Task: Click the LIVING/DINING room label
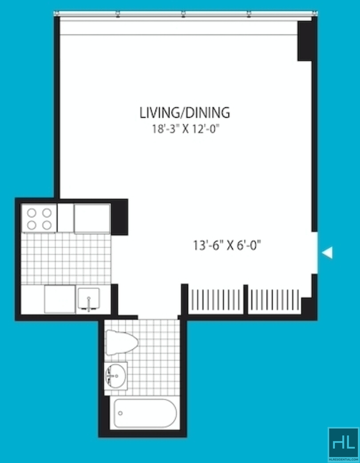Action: [185, 113]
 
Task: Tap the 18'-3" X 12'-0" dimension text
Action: [186, 129]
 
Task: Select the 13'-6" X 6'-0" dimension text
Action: [227, 246]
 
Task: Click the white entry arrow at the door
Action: [327, 252]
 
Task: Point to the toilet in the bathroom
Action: [122, 343]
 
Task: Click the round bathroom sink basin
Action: [116, 376]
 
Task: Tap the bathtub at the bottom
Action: [145, 413]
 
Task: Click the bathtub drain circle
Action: [120, 413]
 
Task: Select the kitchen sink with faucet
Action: [88, 299]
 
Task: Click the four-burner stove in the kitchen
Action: [39, 219]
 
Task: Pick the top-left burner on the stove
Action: [31, 213]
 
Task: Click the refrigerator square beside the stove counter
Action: [92, 218]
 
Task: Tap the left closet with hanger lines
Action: [216, 300]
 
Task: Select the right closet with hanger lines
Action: [274, 300]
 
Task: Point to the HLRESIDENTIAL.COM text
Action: [343, 460]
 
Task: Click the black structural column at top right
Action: [305, 41]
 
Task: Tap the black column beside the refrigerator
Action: [120, 217]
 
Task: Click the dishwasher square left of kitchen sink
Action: [60, 299]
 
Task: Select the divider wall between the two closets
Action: [245, 300]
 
